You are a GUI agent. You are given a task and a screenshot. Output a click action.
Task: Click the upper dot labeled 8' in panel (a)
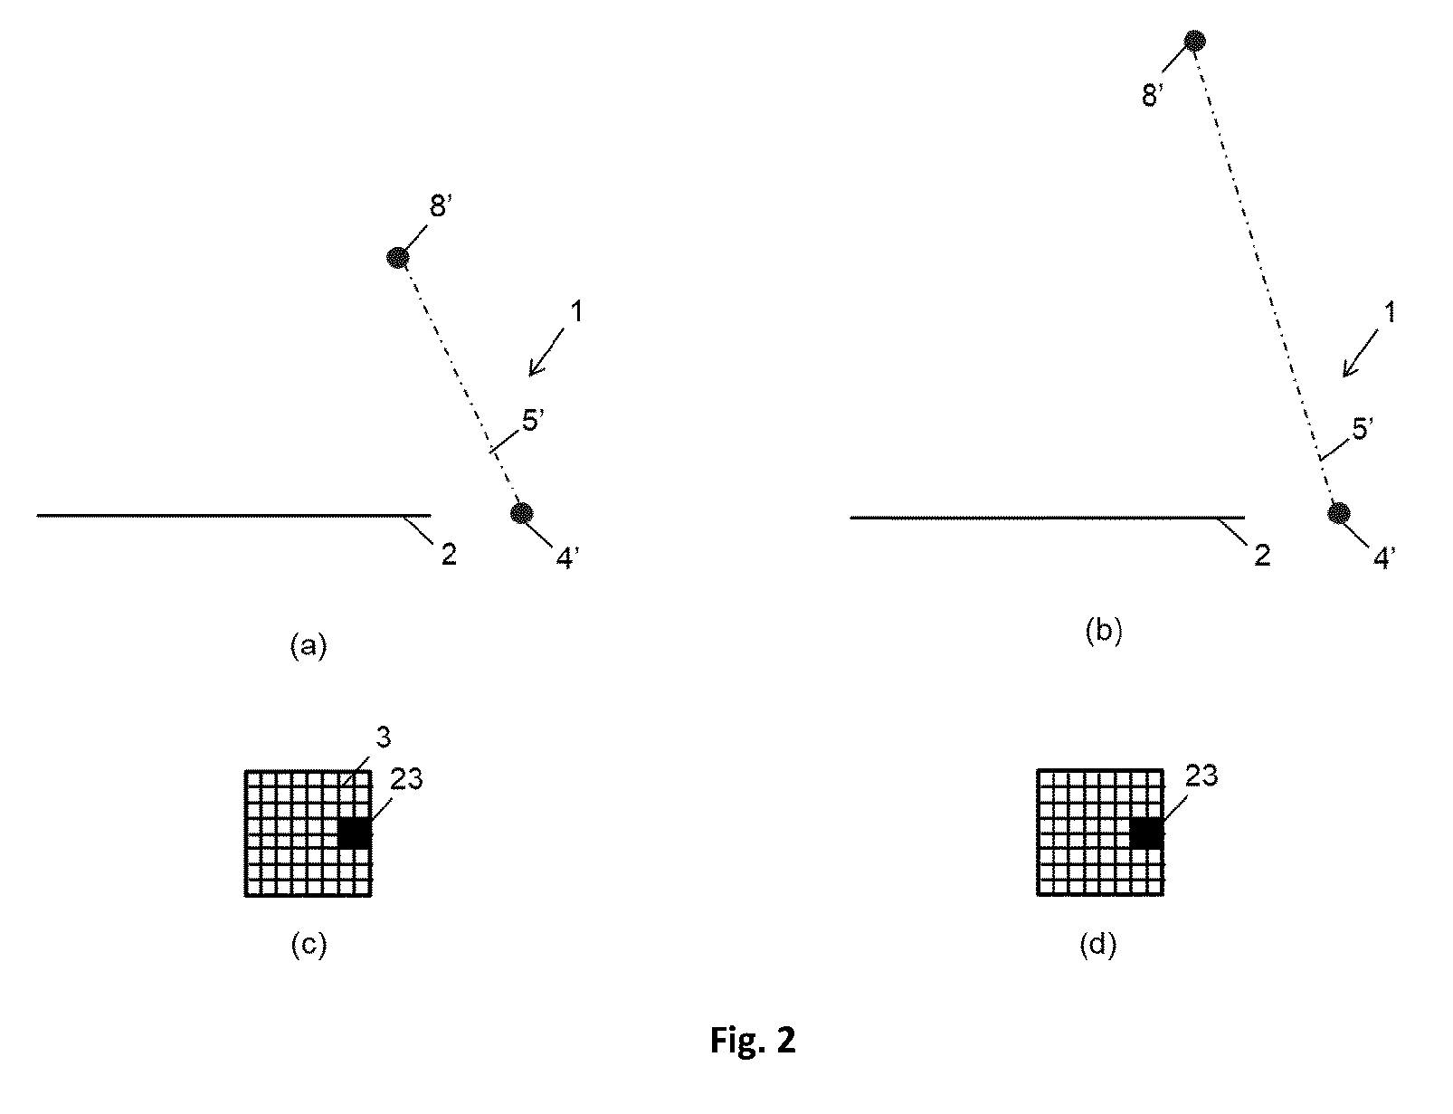point(398,257)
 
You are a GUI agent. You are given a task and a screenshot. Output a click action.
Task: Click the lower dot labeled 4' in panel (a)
point(521,513)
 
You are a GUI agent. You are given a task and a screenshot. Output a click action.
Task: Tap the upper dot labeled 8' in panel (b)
point(1194,41)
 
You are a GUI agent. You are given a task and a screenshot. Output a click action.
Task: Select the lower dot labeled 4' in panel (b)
point(1339,513)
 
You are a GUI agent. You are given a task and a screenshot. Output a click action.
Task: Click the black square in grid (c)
point(355,833)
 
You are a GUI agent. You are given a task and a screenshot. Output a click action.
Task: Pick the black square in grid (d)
point(1147,833)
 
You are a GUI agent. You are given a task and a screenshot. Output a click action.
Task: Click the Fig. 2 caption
point(753,1040)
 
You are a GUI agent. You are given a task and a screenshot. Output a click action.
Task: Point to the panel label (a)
point(309,645)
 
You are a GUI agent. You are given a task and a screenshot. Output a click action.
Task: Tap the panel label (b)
point(1103,632)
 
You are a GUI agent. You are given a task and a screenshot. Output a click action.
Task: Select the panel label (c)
point(309,945)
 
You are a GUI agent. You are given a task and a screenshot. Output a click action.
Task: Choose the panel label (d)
point(1098,945)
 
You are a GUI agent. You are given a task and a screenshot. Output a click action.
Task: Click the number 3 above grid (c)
point(383,737)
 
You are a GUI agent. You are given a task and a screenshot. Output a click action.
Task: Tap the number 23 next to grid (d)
point(1201,776)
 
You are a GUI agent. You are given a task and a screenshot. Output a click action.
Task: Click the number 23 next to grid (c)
point(406,779)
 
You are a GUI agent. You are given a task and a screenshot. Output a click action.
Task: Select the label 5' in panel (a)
point(533,421)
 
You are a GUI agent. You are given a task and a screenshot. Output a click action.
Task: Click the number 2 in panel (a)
point(449,555)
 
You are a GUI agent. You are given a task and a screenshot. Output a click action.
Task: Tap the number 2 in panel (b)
point(1262,555)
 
